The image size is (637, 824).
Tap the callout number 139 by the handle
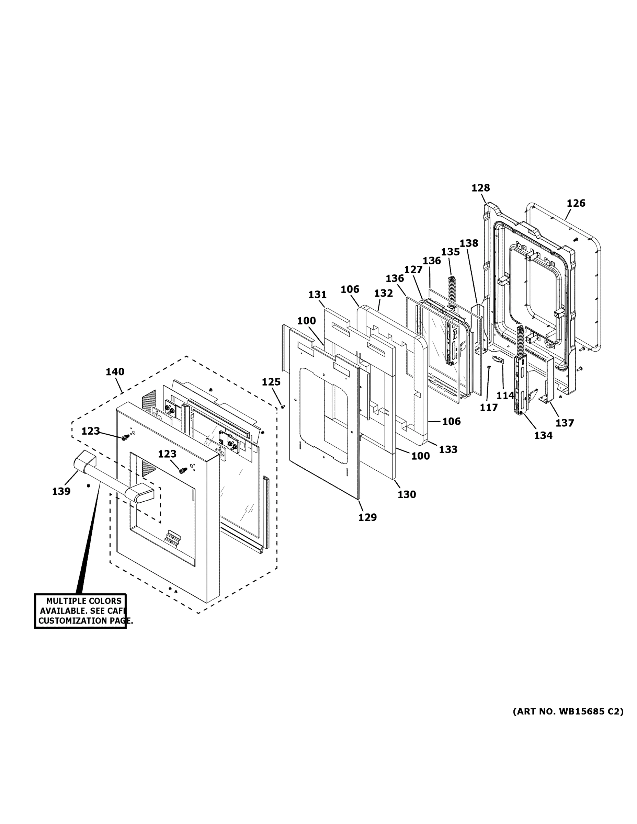point(61,491)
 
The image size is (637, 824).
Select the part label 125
point(271,382)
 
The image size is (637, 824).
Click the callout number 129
point(367,517)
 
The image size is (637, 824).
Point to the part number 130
point(407,494)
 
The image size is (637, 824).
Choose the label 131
point(317,294)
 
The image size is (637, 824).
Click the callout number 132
point(384,293)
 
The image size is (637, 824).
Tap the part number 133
point(448,449)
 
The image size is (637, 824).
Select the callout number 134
point(543,435)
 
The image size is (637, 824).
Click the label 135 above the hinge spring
point(450,252)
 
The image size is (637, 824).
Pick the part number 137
point(565,423)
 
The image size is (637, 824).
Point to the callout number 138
point(469,243)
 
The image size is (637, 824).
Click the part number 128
point(480,187)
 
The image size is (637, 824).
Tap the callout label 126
point(576,203)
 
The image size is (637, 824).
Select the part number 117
point(489,408)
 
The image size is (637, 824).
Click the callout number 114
point(505,396)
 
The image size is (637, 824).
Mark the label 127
point(413,270)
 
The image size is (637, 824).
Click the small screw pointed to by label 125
point(283,407)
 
